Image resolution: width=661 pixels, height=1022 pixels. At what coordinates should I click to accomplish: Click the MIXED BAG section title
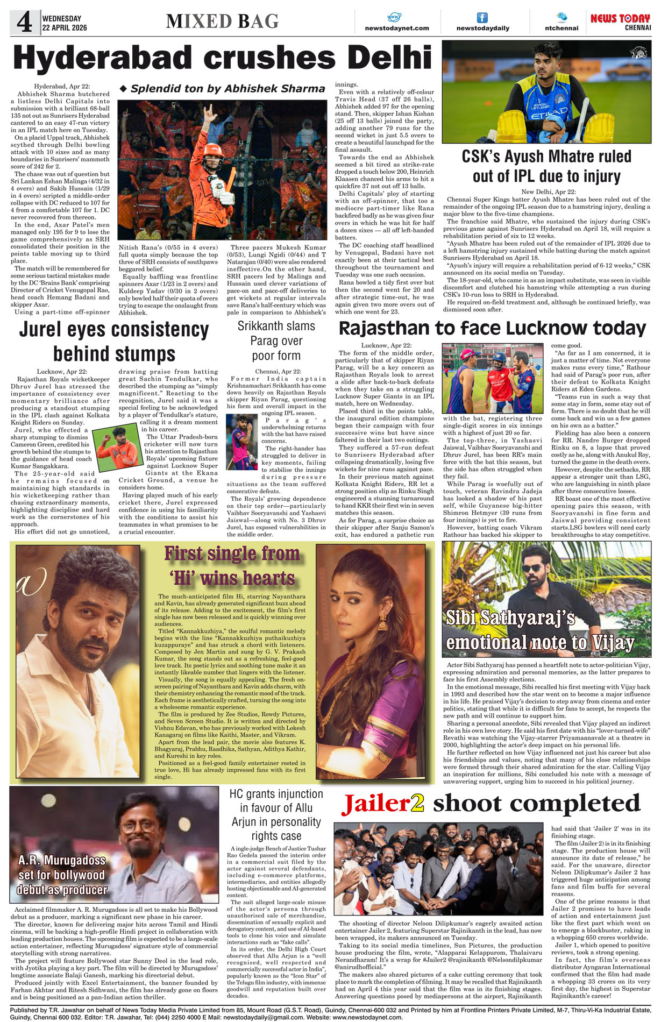point(222,22)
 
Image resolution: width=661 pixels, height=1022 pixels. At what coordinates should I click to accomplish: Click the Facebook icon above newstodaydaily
point(482,17)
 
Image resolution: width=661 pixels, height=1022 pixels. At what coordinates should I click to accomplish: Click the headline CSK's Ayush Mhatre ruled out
point(546,166)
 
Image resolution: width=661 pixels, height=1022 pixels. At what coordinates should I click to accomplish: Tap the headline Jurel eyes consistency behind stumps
point(114,342)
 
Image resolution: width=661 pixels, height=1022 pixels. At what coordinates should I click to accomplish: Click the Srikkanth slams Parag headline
point(276,340)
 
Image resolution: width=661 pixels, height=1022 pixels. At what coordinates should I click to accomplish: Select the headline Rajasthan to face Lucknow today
point(492,328)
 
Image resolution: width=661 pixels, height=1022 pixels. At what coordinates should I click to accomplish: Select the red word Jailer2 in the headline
point(383,804)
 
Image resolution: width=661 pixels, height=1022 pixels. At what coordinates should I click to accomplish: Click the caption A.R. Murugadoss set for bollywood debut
point(62,875)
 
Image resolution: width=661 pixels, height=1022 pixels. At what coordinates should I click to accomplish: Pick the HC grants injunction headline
point(276,814)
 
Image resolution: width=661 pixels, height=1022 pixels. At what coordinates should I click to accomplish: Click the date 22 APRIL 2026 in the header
point(65,27)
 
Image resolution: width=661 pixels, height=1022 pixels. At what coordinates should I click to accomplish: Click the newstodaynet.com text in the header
point(397,28)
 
